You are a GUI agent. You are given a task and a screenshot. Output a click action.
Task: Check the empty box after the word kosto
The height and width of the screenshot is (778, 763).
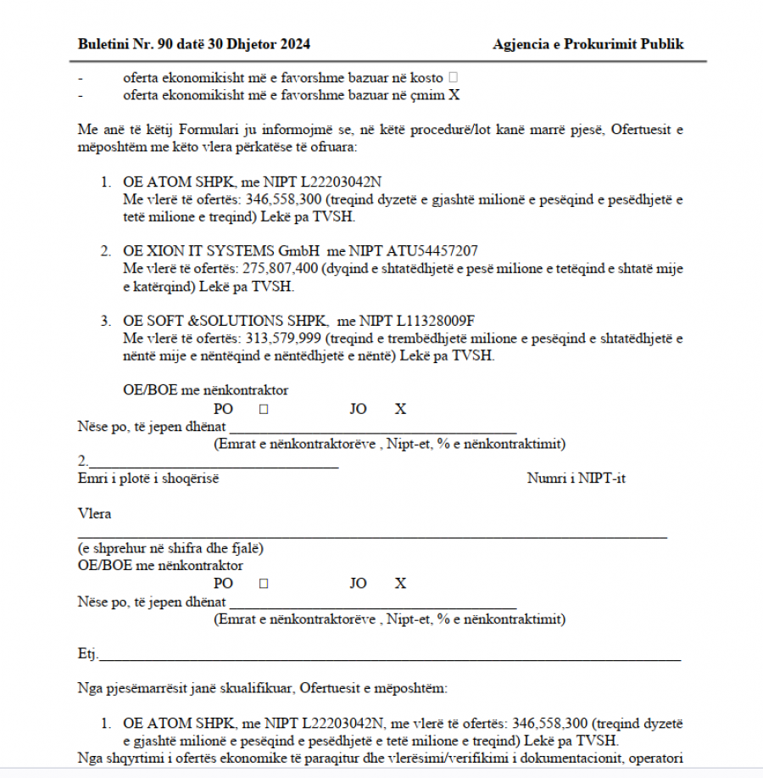(453, 77)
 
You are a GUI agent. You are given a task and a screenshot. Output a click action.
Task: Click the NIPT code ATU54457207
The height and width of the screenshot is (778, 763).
(432, 251)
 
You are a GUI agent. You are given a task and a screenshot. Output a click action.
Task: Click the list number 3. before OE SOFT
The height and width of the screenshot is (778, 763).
(106, 321)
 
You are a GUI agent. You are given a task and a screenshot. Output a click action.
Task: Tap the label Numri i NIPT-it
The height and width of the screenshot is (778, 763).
(576, 479)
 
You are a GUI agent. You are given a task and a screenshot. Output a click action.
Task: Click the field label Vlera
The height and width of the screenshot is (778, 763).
(94, 513)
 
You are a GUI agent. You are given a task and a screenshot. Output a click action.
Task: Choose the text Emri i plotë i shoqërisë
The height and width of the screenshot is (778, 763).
(148, 479)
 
